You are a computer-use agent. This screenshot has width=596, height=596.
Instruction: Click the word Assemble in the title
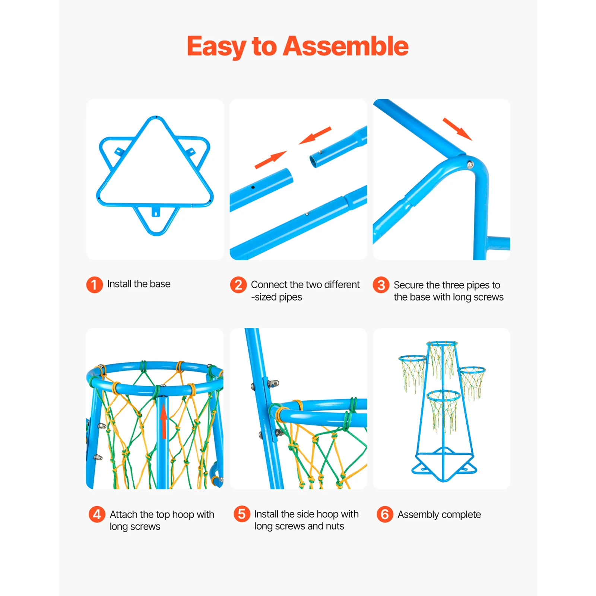(346, 46)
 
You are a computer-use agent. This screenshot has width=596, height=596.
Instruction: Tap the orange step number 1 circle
(94, 285)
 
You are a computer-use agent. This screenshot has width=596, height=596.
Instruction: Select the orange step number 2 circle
(238, 285)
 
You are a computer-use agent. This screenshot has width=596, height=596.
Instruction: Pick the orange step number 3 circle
(381, 285)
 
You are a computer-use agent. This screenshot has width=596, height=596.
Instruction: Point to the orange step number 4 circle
(97, 514)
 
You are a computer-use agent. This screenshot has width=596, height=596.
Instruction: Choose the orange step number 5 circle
(242, 514)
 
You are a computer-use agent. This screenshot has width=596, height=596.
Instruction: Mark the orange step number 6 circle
(385, 514)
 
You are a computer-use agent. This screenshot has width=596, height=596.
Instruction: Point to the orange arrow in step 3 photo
(457, 129)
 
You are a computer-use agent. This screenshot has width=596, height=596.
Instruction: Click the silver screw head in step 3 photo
(470, 164)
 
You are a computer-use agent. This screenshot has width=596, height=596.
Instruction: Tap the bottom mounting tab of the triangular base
(156, 212)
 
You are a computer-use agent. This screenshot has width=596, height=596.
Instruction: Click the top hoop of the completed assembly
(442, 343)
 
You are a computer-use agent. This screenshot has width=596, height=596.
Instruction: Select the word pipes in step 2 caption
(290, 297)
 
